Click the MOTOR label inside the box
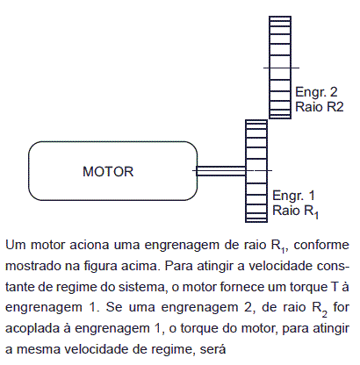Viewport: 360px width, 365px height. (108, 171)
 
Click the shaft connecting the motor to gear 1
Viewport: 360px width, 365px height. (221, 171)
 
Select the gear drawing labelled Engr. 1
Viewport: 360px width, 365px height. (256, 171)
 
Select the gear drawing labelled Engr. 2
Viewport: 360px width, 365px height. (280, 68)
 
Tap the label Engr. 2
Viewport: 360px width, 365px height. (316, 92)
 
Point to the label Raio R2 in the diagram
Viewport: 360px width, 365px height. (319, 107)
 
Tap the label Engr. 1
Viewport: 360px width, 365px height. (293, 196)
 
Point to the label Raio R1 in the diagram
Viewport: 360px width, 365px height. (295, 211)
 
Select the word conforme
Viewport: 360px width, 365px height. (321, 245)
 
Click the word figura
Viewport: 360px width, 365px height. (101, 267)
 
